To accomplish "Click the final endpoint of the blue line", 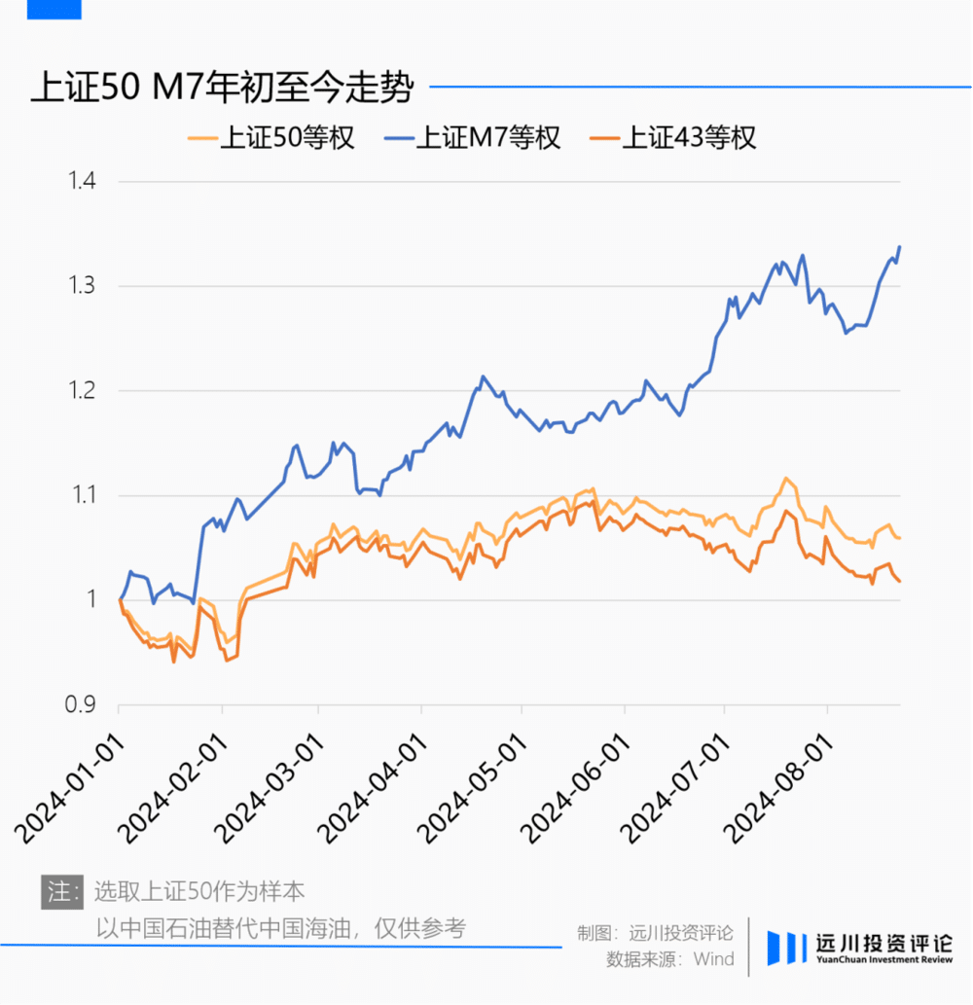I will click(x=900, y=247).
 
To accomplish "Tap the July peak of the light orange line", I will click(x=785, y=479).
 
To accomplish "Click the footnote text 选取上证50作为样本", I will click(x=199, y=891).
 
